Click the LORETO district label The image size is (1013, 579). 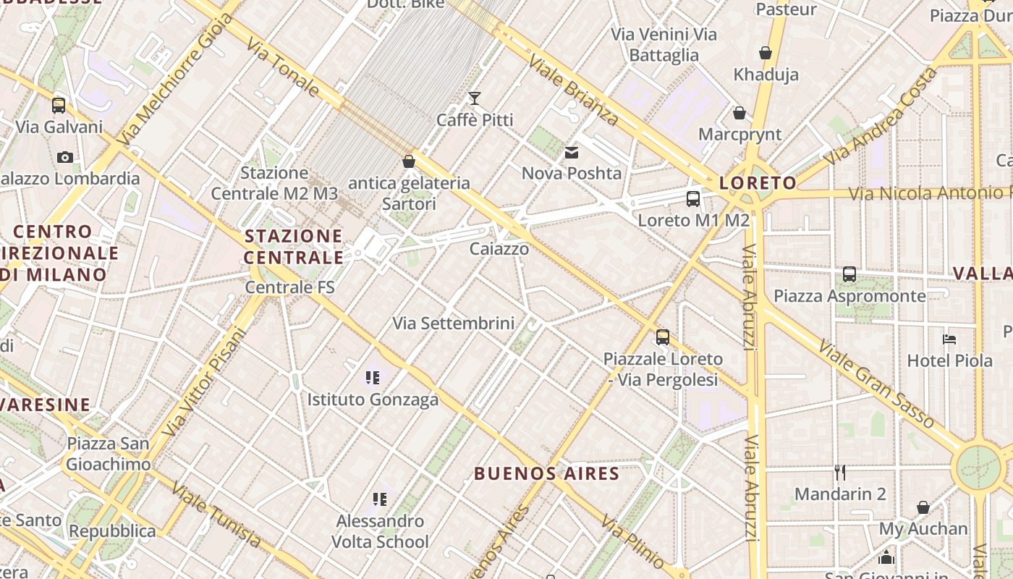(758, 183)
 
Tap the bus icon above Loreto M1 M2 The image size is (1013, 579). (693, 199)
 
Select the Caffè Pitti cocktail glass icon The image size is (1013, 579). (475, 98)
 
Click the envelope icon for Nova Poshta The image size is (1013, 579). (572, 152)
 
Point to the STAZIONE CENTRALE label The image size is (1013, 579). (293, 247)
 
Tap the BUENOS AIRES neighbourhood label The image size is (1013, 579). (546, 474)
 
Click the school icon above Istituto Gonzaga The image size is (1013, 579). (373, 377)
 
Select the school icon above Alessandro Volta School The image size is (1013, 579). (380, 499)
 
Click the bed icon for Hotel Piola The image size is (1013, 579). (949, 339)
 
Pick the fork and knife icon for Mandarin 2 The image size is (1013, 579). (839, 473)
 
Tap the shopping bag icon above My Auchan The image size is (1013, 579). (923, 507)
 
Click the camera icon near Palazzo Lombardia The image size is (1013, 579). (64, 157)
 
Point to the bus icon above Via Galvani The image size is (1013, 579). (59, 106)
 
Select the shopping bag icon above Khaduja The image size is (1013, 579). (766, 53)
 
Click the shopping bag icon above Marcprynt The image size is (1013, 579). (739, 113)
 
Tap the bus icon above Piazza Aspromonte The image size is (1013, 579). (849, 274)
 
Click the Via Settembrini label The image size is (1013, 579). (453, 324)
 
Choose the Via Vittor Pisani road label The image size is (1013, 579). (205, 383)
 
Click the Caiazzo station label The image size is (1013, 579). (499, 249)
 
